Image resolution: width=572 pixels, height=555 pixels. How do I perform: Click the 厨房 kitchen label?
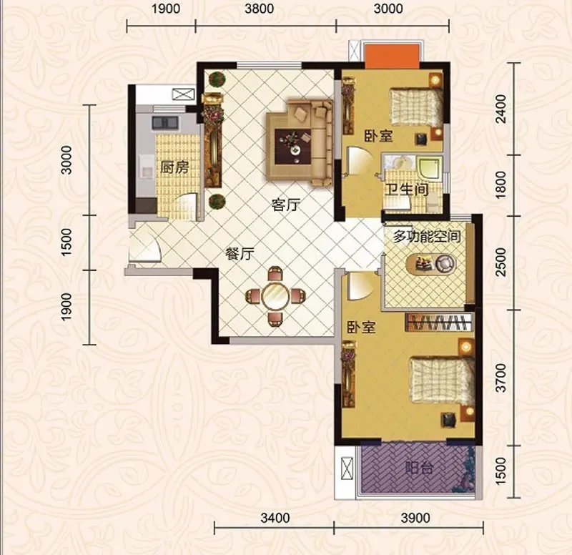point(174,167)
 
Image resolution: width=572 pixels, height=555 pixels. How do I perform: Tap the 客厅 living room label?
point(286,205)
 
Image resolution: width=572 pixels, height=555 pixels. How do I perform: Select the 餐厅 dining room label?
point(240,254)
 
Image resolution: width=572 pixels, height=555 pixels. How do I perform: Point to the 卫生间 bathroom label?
point(407,189)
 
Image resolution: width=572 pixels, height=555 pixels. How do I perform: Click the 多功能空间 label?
point(426,237)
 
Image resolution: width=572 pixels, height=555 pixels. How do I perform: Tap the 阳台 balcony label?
point(419,468)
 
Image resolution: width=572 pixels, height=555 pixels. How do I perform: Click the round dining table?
point(275,295)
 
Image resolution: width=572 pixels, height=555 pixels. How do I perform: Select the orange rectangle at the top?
point(392,57)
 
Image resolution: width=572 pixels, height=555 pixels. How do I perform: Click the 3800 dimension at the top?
point(259,9)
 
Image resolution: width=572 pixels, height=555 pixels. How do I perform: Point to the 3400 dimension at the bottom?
point(275,518)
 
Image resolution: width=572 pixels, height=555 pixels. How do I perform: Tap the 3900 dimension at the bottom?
point(415,518)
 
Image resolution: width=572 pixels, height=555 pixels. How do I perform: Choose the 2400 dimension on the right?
point(502,109)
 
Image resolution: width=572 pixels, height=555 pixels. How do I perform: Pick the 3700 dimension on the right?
point(502,378)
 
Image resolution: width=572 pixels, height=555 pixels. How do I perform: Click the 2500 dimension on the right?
point(502,262)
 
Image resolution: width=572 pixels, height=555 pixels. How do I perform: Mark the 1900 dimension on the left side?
point(66,307)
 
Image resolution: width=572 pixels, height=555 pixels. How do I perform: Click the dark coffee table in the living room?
point(293,147)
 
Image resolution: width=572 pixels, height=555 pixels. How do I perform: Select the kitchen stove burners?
point(165,122)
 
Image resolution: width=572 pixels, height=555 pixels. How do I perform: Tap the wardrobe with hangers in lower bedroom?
point(439,322)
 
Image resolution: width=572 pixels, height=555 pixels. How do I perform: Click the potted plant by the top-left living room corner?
point(217,79)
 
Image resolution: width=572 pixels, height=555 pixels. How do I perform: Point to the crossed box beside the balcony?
point(347,469)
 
